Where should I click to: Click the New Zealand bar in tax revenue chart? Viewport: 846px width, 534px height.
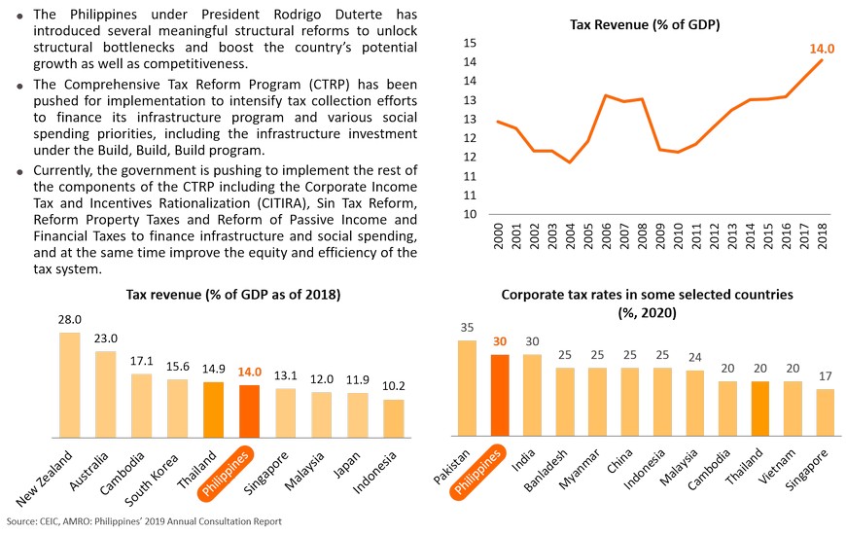70,384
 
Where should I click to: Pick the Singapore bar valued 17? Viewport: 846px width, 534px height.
825,412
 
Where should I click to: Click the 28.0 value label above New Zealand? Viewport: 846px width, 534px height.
70,319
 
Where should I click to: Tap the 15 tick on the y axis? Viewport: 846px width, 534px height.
469,44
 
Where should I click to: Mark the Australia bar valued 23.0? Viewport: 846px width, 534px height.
106,393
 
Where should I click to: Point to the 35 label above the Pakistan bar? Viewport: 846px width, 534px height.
467,327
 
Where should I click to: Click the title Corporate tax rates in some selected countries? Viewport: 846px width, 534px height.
649,293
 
